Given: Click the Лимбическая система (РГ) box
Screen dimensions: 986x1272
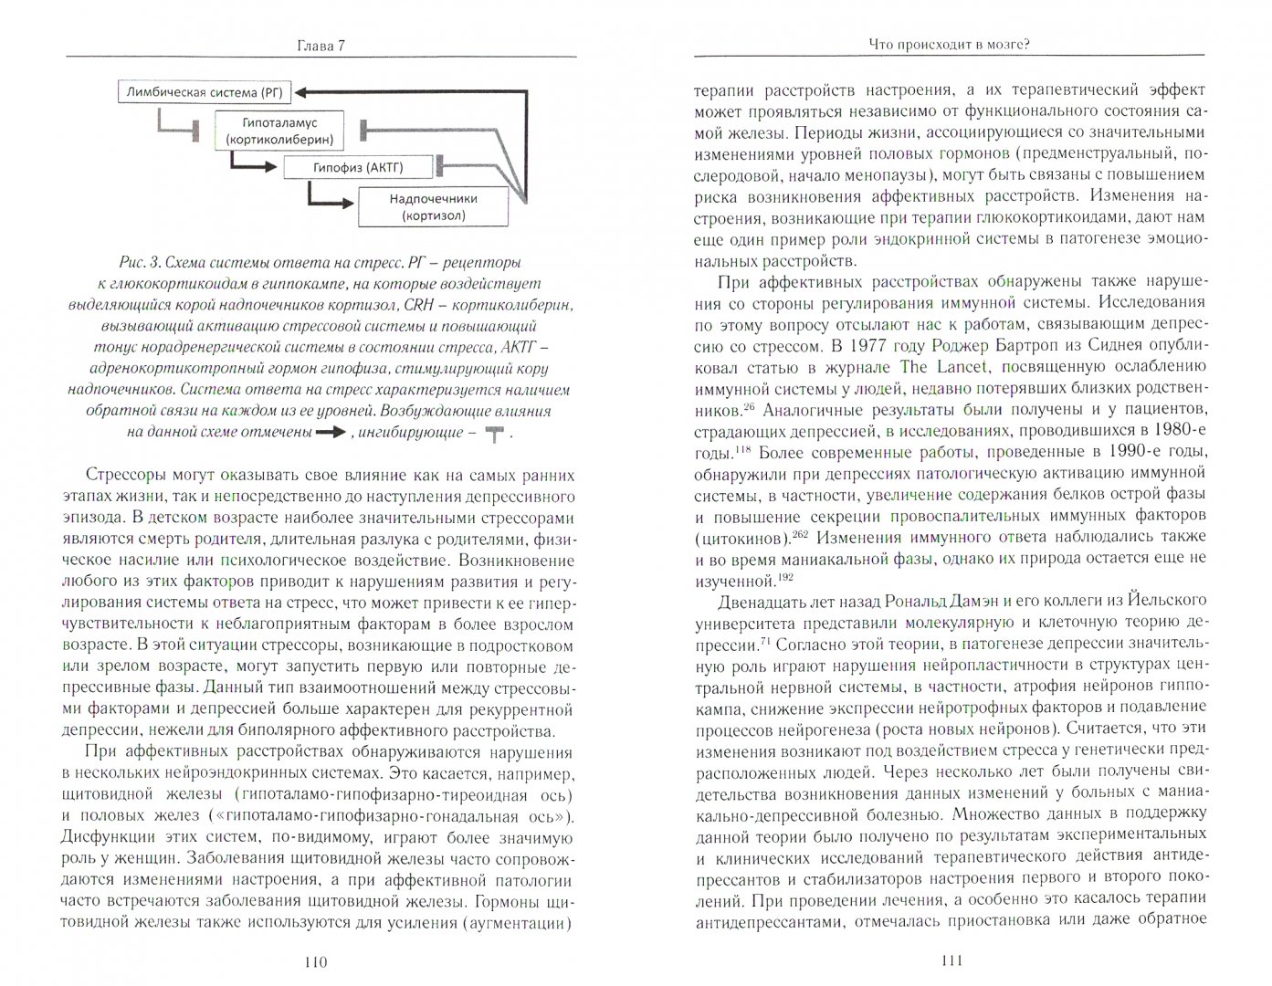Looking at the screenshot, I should click(189, 92).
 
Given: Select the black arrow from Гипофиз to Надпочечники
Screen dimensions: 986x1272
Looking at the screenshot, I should click(332, 199).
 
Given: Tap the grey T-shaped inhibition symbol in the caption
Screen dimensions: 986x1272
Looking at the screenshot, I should click(494, 435).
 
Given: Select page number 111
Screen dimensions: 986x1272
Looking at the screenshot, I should click(950, 962).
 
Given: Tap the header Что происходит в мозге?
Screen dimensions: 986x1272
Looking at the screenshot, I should click(950, 44).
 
